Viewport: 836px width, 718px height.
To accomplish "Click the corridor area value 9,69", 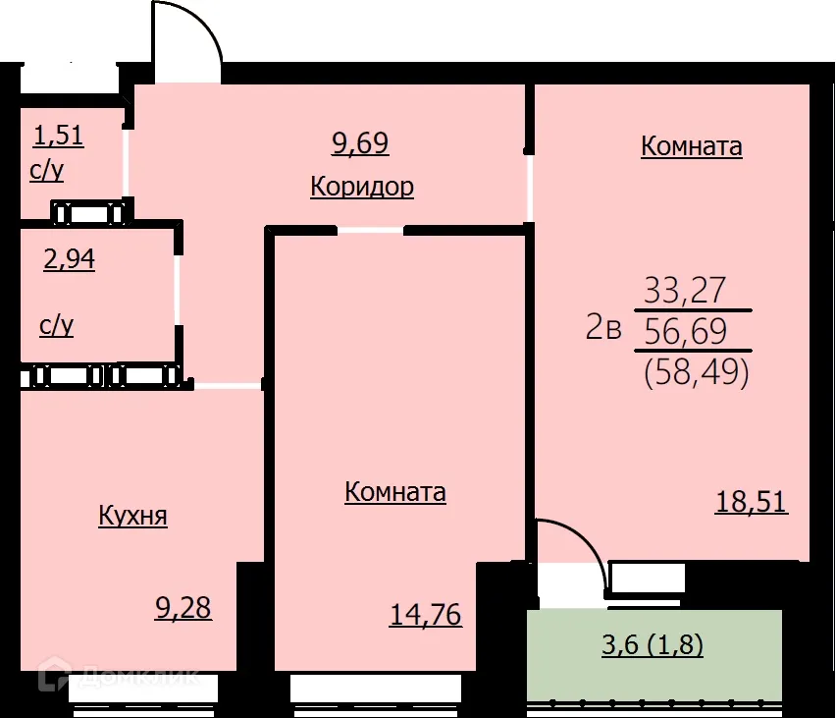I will pos(361,143).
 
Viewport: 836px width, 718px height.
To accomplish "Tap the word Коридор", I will pos(361,187).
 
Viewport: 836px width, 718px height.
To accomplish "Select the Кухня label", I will pos(132,516).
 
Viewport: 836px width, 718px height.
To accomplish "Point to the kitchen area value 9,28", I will pos(183,607).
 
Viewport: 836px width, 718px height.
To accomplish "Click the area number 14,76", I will pos(425,615).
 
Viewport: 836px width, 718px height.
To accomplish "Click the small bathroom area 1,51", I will pos(59,135).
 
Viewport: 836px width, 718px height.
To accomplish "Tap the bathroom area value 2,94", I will pos(69,260).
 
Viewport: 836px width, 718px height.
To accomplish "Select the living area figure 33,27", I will pos(684,290).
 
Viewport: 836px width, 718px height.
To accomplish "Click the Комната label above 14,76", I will pos(394,492).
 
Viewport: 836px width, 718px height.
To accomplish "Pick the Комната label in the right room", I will pos(691,146).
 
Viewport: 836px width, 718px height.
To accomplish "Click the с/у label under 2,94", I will pos(57,325).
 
